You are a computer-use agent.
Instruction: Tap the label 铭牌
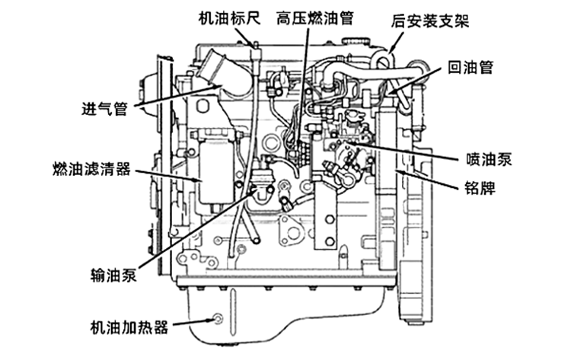point(479,187)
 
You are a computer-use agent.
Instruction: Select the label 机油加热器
point(128,328)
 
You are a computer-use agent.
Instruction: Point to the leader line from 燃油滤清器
point(171,174)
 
